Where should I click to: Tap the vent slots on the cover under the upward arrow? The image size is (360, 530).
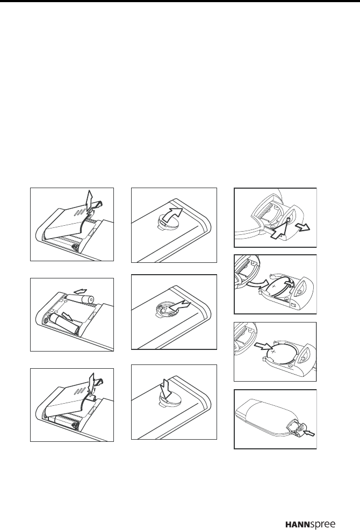(80, 211)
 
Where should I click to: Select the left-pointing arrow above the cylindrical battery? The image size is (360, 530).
(80, 290)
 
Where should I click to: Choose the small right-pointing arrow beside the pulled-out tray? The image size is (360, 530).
(302, 227)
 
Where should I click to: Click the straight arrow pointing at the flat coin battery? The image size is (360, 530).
(263, 347)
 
